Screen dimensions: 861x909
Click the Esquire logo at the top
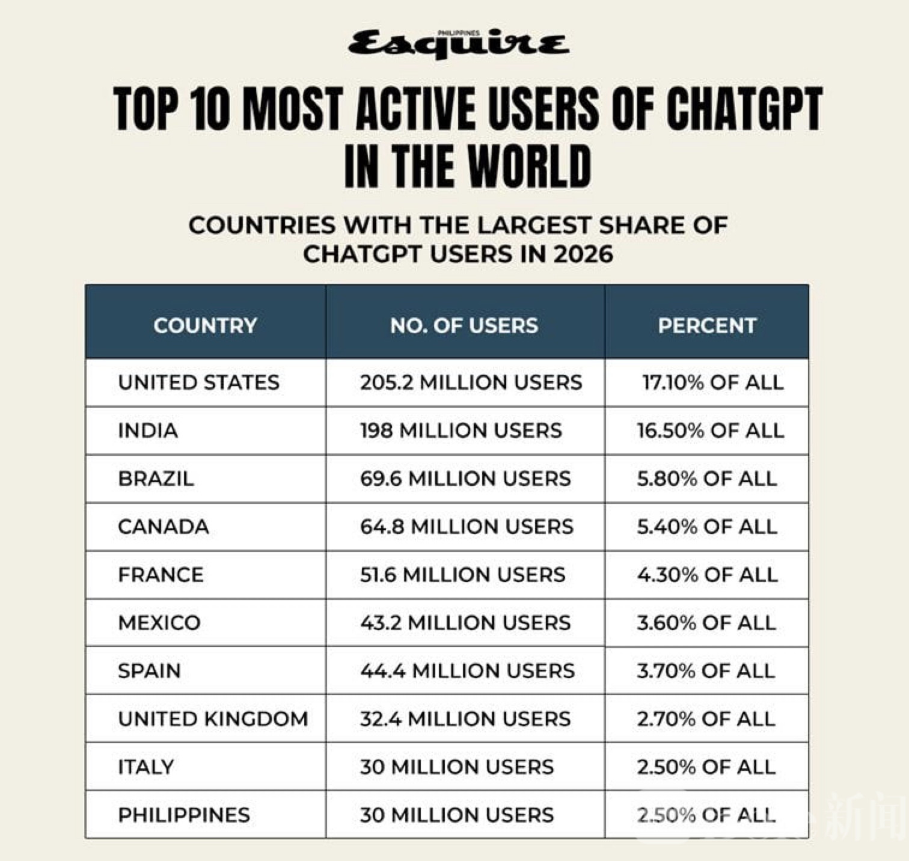tap(458, 44)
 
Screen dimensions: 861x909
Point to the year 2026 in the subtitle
tap(583, 254)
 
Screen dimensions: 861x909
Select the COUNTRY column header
tap(205, 325)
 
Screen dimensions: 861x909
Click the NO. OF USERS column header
tap(464, 325)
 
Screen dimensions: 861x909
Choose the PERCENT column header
tap(707, 325)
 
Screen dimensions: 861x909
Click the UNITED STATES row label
tap(199, 382)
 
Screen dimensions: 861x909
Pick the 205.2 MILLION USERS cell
tap(471, 382)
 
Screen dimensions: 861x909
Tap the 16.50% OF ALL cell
tap(711, 430)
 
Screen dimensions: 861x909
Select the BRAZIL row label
tap(156, 479)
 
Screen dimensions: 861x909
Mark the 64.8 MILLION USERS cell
tap(467, 527)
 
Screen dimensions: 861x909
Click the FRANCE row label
tap(161, 575)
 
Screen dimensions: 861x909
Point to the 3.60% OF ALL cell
tap(706, 623)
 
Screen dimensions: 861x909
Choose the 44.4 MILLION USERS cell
tap(467, 671)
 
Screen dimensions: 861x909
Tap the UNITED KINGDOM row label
tap(213, 719)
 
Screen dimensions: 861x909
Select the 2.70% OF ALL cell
tap(706, 719)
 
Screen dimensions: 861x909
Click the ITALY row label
tap(146, 767)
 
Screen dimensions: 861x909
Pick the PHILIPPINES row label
tap(184, 815)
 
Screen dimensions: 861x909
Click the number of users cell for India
tap(461, 430)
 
